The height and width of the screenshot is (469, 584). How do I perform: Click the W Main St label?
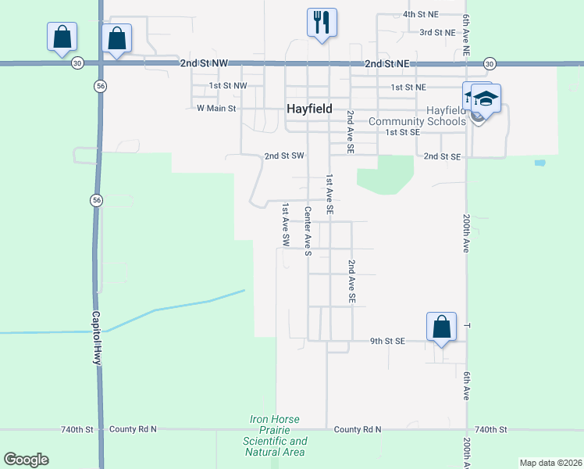click(216, 108)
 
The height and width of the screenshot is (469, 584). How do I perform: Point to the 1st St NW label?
click(228, 85)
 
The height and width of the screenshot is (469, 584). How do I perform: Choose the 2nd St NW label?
click(202, 63)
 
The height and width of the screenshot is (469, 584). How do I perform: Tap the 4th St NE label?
click(422, 15)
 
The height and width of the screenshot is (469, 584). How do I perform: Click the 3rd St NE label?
click(437, 32)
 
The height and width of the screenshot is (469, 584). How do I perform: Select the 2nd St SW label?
click(283, 156)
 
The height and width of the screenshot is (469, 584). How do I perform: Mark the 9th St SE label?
click(388, 341)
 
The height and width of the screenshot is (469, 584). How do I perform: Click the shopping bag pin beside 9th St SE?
click(441, 326)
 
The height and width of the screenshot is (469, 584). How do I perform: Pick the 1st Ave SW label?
click(287, 226)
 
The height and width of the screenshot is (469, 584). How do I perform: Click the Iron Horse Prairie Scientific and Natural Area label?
click(276, 435)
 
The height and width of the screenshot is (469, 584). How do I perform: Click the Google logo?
click(26, 460)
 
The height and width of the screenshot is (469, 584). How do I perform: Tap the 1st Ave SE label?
click(330, 195)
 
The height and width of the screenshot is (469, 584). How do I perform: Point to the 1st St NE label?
click(408, 87)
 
